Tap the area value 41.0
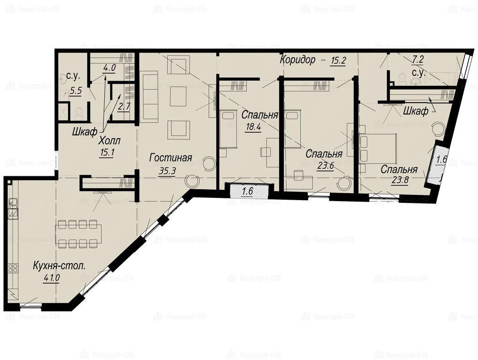51,278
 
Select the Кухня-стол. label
59,266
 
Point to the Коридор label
297,60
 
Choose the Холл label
109,141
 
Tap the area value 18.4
253,127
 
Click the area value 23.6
325,166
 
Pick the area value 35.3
167,171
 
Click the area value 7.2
417,60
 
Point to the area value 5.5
75,90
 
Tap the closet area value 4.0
109,67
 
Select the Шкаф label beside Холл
85,132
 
